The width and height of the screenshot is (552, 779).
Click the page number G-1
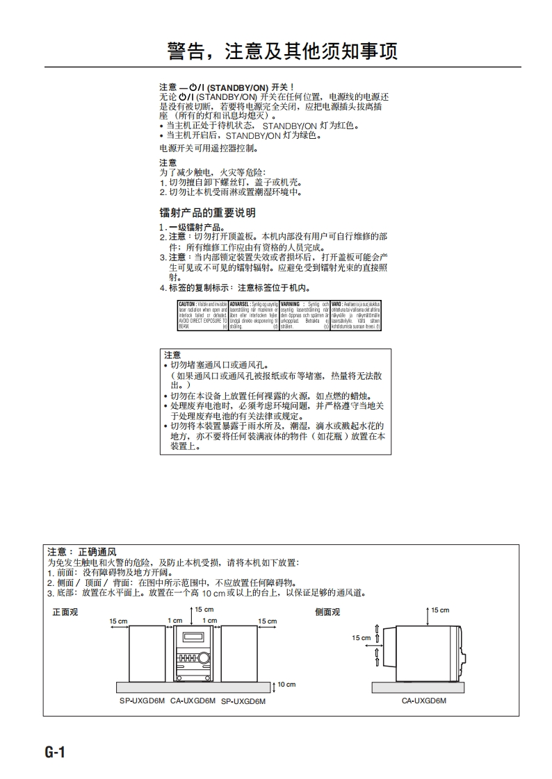(x=55, y=752)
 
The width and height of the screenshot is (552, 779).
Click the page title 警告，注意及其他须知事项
(x=282, y=51)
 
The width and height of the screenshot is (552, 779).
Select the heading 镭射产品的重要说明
(x=207, y=212)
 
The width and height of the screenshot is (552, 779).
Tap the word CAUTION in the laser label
(x=187, y=304)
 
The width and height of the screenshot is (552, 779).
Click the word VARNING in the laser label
(x=290, y=304)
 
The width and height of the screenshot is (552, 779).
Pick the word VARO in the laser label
(x=336, y=304)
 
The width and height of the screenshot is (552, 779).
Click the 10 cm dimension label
(x=286, y=685)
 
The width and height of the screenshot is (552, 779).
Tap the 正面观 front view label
(x=65, y=612)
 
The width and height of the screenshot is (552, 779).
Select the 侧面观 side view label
(x=327, y=612)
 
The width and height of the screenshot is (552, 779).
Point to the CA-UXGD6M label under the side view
(x=423, y=701)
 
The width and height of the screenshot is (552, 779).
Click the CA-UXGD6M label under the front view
(x=193, y=701)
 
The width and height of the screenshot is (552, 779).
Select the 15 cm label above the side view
(x=440, y=610)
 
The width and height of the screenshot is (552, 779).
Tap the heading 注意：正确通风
(x=81, y=552)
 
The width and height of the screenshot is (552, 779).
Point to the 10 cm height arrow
(x=275, y=685)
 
